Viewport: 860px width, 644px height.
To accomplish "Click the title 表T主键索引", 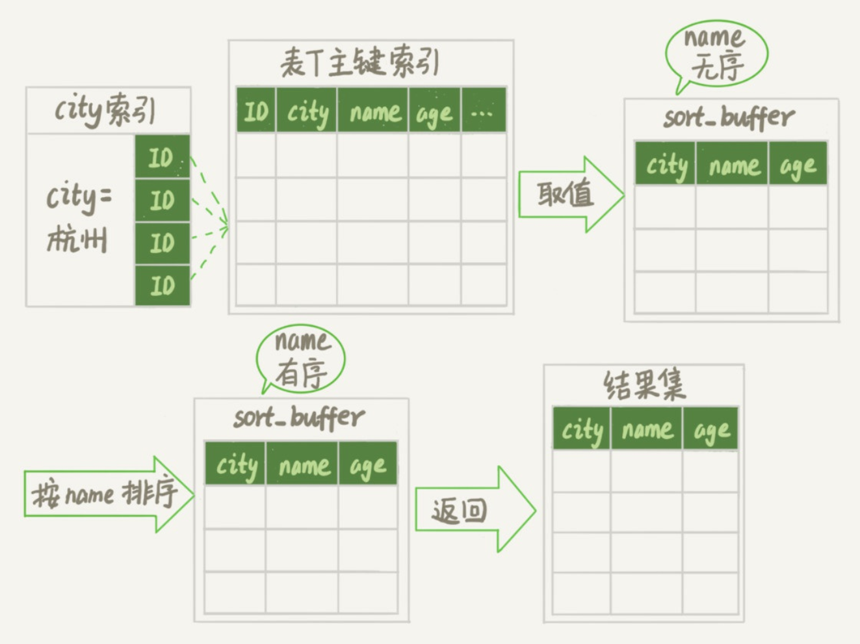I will click(359, 63).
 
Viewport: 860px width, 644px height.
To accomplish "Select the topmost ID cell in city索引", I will click(162, 157).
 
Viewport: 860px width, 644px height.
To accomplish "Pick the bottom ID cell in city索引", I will click(162, 286).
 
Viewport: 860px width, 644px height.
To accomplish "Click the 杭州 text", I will click(77, 240).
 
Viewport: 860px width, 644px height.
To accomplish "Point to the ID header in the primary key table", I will click(255, 112).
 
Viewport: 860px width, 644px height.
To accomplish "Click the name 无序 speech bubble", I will click(716, 53).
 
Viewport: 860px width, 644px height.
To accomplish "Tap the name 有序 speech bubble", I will click(301, 358).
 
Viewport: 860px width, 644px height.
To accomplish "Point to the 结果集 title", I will click(644, 384).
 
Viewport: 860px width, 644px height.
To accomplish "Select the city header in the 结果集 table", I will click(582, 429).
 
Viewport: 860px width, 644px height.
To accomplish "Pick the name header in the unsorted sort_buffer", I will click(733, 165).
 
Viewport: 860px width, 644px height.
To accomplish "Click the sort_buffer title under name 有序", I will click(299, 418).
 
